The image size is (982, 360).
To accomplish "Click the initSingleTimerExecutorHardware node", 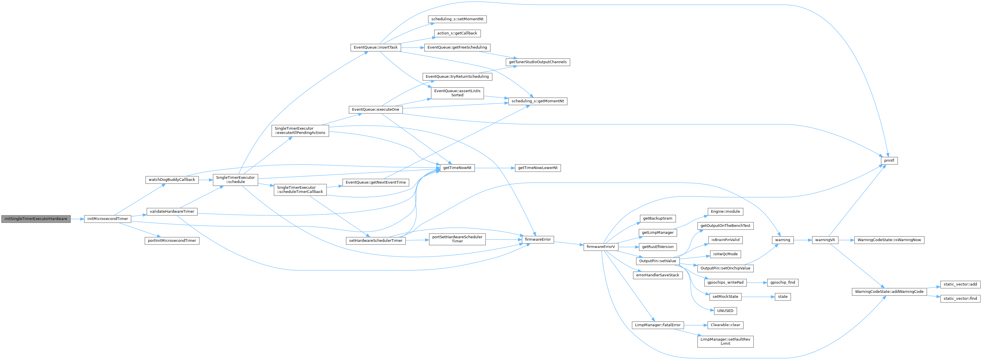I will (36, 219).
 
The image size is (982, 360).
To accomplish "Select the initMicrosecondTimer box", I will (108, 219).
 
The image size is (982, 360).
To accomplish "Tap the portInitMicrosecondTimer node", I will (172, 241).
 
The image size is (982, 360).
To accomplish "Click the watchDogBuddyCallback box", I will (172, 180).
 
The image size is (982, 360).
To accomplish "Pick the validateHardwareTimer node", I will (172, 211).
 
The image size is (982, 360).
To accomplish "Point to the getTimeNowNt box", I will (457, 168).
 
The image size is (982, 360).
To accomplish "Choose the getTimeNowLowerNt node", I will (538, 168).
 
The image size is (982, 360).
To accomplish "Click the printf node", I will (889, 160).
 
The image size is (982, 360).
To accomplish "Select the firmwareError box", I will (538, 240).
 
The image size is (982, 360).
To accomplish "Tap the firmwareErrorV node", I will (601, 247).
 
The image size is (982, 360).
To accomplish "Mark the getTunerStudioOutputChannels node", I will (538, 62).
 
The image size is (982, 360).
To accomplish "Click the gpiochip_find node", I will (782, 283).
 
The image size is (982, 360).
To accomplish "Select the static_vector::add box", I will (960, 284).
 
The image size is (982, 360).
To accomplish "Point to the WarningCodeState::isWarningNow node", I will (889, 240).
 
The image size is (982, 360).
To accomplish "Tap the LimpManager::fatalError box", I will (658, 325).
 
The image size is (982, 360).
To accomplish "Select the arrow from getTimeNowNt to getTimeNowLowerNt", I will (494, 168).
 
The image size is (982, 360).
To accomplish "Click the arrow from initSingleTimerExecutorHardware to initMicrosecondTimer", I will (77, 219).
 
